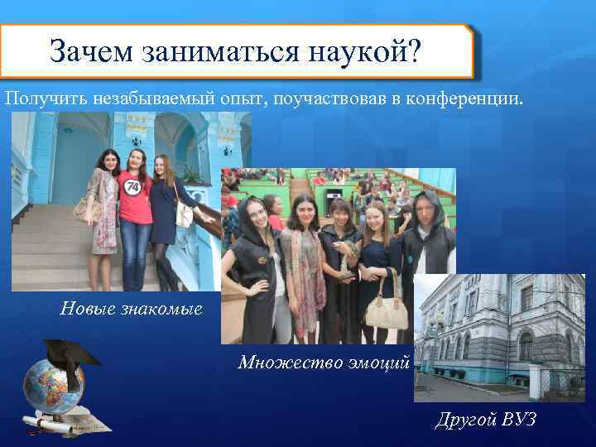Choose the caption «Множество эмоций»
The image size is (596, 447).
point(324,362)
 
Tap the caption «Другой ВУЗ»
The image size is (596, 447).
point(486,420)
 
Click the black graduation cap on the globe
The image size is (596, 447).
point(70,353)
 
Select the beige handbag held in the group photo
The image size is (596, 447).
point(386,312)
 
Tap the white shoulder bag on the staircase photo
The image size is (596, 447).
point(184,215)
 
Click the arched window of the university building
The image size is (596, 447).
point(525,344)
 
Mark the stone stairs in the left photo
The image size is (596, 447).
point(50,248)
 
